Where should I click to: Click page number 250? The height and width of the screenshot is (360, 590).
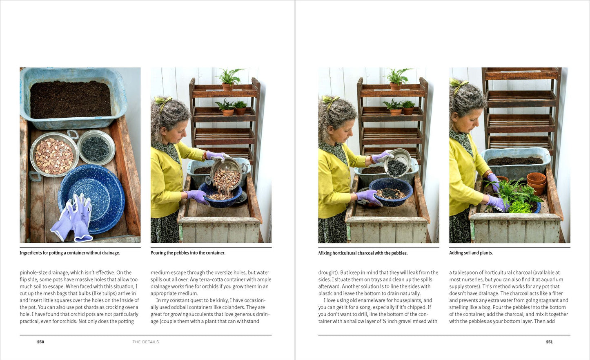click(x=40, y=342)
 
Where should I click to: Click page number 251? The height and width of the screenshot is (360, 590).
click(x=549, y=342)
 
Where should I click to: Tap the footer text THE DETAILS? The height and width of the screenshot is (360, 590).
click(x=146, y=342)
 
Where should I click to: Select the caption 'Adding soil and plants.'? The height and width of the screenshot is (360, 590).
click(x=471, y=253)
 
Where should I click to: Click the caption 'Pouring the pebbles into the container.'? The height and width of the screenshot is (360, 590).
click(x=188, y=253)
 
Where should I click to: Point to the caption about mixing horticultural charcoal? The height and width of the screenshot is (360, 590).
click(x=363, y=253)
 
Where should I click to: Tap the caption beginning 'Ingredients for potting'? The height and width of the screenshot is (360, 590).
click(x=70, y=253)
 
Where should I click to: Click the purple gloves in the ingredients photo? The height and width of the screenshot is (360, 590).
click(x=73, y=218)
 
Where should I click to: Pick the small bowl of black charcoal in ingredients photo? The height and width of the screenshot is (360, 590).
click(x=96, y=148)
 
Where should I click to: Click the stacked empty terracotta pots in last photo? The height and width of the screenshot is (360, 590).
click(x=536, y=183)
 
